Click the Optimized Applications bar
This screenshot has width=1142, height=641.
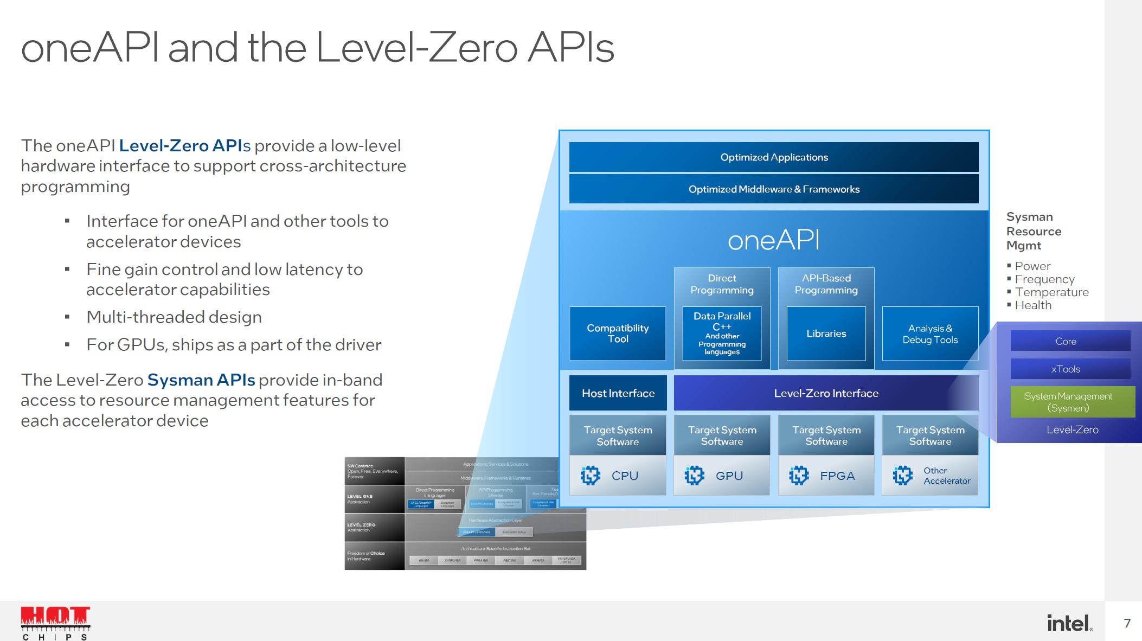774,157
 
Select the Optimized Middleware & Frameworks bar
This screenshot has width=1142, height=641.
774,189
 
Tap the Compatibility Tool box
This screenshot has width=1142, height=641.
618,334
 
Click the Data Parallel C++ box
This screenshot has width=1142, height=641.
722,334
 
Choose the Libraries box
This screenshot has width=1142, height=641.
826,334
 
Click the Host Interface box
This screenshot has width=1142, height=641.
618,393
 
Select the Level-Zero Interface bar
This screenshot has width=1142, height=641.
826,393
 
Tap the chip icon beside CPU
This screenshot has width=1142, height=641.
591,476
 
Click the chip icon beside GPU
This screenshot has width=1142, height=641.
695,476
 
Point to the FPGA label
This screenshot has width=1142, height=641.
837,476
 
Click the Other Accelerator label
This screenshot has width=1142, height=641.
947,476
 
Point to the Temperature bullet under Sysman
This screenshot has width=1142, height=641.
1051,292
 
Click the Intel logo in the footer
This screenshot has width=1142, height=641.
1069,623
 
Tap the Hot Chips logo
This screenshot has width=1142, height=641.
55,623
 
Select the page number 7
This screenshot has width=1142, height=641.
1127,623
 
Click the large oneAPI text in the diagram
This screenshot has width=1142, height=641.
774,240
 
